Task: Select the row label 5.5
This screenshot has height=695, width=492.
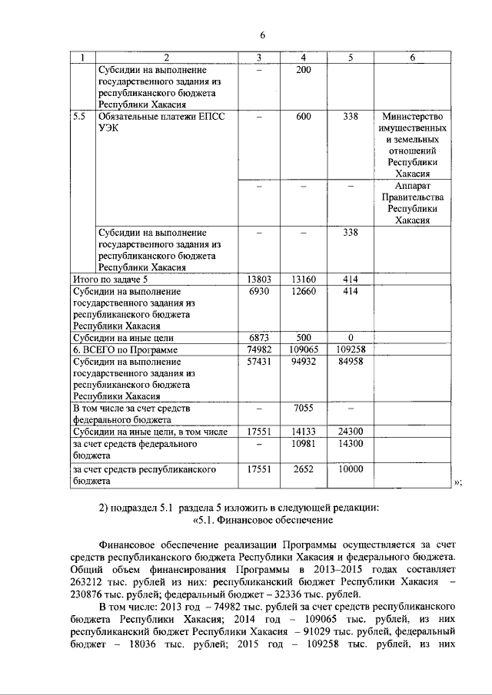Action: (x=78, y=117)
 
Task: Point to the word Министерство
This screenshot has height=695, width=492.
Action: (x=413, y=117)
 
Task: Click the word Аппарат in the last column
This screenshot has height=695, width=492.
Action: (x=413, y=187)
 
